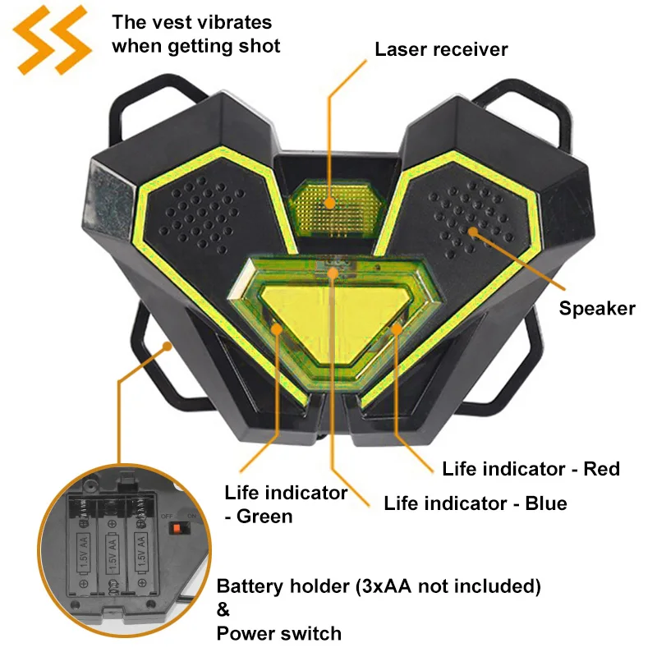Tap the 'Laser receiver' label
click(441, 49)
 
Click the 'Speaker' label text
click(597, 309)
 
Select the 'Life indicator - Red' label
click(531, 469)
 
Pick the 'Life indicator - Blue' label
click(476, 503)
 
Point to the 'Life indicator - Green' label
click(285, 504)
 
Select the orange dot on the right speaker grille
click(473, 231)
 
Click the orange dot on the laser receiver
click(329, 202)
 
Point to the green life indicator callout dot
click(278, 329)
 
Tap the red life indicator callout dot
click(397, 329)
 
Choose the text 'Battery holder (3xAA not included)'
click(379, 587)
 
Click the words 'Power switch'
click(278, 633)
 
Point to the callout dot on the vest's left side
click(168, 347)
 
